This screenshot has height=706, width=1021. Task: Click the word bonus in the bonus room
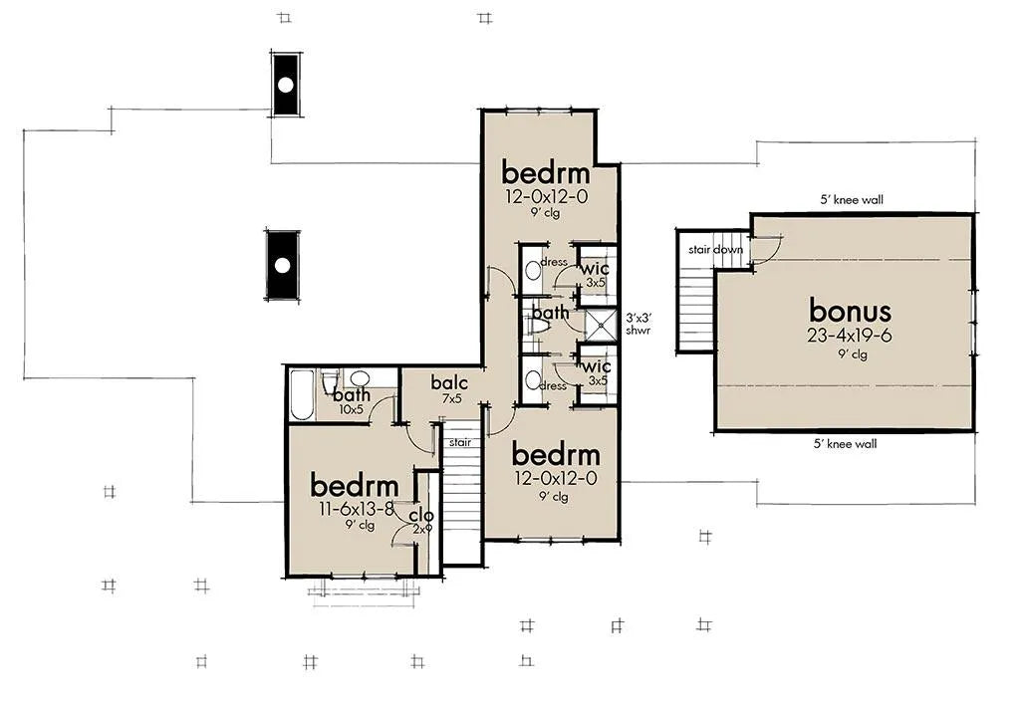click(850, 311)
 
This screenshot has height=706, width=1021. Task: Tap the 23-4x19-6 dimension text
click(850, 336)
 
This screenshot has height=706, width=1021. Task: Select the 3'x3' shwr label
click(638, 324)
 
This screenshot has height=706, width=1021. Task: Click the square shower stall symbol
click(601, 326)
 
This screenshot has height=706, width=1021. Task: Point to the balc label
click(449, 382)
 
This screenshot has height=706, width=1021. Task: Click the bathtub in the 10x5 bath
click(302, 395)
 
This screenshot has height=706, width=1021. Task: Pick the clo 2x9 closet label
click(422, 521)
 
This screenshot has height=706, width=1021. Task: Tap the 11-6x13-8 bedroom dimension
click(357, 509)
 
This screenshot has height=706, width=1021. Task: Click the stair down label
click(715, 249)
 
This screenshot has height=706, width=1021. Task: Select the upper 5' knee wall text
click(852, 200)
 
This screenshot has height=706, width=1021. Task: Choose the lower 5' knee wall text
click(846, 444)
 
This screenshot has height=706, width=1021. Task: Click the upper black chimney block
click(286, 85)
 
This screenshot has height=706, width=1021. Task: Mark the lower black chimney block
click(283, 265)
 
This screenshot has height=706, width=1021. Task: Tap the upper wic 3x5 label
click(595, 274)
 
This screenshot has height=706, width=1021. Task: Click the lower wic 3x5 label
click(597, 372)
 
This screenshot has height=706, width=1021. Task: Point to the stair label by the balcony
click(460, 442)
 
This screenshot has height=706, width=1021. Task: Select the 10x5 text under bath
click(351, 410)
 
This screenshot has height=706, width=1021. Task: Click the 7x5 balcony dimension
click(451, 398)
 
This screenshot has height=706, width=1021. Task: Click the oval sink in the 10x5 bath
click(359, 378)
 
